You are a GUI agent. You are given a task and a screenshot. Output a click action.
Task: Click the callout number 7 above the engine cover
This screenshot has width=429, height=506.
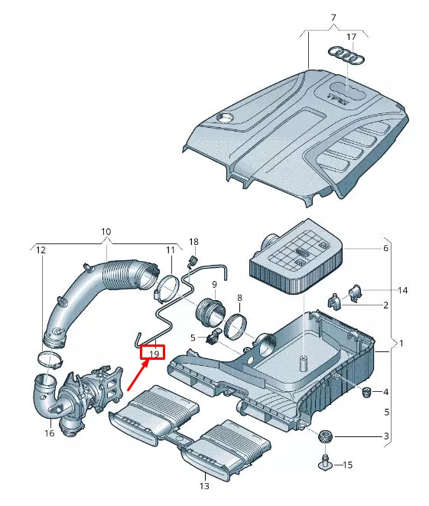[x=333, y=18]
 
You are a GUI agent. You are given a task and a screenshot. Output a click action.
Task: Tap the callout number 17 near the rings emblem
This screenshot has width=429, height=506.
[x=350, y=37]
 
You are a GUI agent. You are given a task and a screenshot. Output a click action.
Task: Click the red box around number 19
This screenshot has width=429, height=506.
[x=154, y=352]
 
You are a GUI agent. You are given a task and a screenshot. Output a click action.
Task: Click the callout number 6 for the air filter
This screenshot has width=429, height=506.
[x=385, y=248]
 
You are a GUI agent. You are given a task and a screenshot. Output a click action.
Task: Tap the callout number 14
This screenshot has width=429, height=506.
[x=403, y=291]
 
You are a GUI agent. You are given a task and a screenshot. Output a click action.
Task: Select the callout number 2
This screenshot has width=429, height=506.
[x=385, y=305]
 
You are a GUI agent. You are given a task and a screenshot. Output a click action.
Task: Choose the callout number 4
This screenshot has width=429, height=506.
[x=385, y=392]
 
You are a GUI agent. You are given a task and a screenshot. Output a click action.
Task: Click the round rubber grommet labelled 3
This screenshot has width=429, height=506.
[x=326, y=437]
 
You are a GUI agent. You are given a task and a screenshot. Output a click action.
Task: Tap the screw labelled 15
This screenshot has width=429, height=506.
[x=327, y=462]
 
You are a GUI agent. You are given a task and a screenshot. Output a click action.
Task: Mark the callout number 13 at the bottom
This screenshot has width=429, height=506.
[x=203, y=485]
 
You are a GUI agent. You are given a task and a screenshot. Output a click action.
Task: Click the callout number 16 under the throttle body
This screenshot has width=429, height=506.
[x=50, y=433]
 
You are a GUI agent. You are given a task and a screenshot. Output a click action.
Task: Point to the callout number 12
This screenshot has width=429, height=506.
[x=41, y=250]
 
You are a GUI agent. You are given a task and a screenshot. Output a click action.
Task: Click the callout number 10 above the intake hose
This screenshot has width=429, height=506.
[x=106, y=231]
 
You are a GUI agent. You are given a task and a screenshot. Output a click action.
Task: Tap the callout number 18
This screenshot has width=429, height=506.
[x=193, y=242]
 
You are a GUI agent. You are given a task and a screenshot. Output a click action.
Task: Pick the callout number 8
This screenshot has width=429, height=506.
[x=239, y=297]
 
